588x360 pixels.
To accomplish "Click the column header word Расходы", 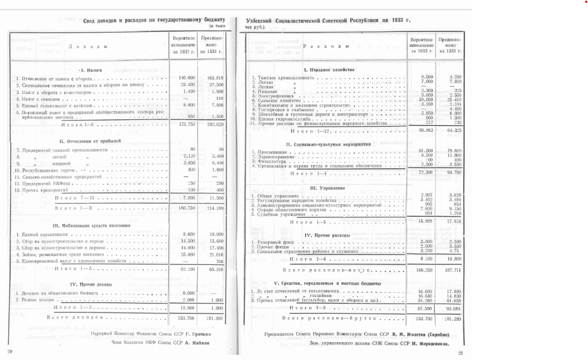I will pos(326,46).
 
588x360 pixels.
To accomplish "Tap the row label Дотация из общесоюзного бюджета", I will pos(55,293).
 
